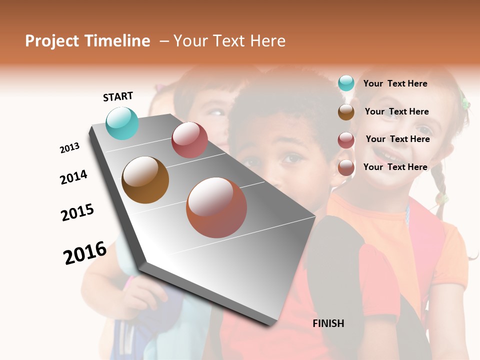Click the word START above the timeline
pyautogui.click(x=118, y=96)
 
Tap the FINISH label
pyautogui.click(x=328, y=323)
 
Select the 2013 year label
pyautogui.click(x=69, y=148)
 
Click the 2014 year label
pyautogui.click(x=73, y=177)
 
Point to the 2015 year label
pyautogui.click(x=77, y=212)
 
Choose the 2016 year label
pyautogui.click(x=85, y=252)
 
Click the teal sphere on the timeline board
pyautogui.click(x=122, y=123)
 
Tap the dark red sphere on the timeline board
pyautogui.click(x=189, y=140)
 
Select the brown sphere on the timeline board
pyautogui.click(x=145, y=180)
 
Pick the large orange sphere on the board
pyautogui.click(x=216, y=207)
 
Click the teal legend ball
pyautogui.click(x=346, y=83)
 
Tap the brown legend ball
pyautogui.click(x=346, y=112)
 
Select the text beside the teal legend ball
pyautogui.click(x=395, y=83)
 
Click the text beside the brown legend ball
pyautogui.click(x=396, y=111)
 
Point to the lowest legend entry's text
pyautogui.click(x=395, y=167)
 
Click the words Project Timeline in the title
pyautogui.click(x=87, y=41)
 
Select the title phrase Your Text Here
pyautogui.click(x=229, y=41)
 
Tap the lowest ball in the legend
pyautogui.click(x=346, y=168)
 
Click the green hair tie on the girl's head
pyautogui.click(x=465, y=103)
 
